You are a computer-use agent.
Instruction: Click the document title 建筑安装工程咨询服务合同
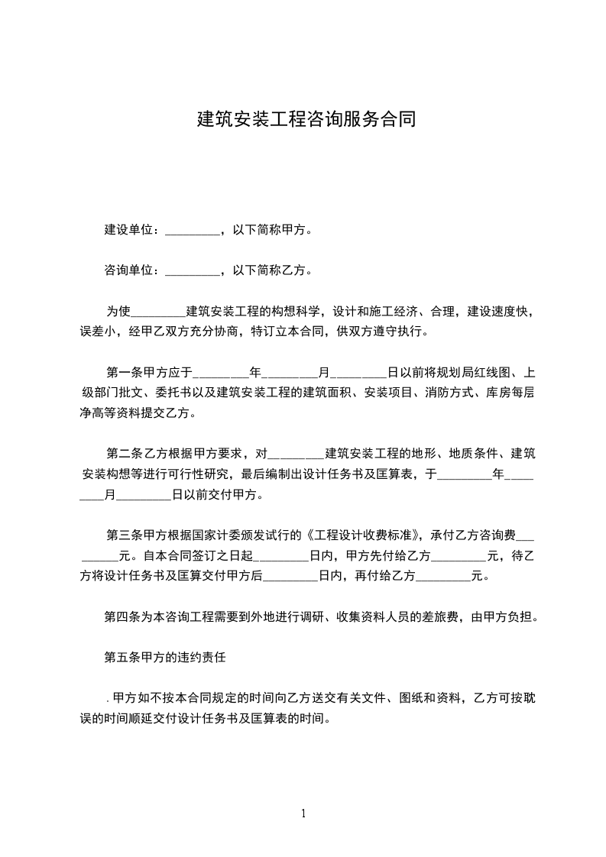click(x=306, y=120)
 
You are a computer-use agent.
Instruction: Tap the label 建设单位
click(x=131, y=229)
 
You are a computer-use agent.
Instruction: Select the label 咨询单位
click(x=131, y=270)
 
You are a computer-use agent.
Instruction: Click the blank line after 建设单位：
click(x=192, y=231)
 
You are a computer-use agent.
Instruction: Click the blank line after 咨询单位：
click(x=192, y=271)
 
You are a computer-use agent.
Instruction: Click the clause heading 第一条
click(x=123, y=373)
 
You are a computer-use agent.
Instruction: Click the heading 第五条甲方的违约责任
click(x=167, y=657)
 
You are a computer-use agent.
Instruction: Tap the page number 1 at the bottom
click(x=303, y=813)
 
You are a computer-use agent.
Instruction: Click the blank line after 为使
click(x=159, y=312)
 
